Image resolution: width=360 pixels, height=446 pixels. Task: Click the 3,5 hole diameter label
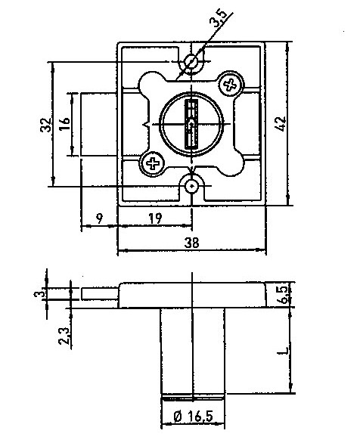(x=218, y=19)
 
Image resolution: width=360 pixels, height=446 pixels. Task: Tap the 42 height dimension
(x=281, y=123)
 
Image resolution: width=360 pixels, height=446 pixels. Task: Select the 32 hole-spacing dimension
(x=46, y=125)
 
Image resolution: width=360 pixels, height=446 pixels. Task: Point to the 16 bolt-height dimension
(x=64, y=123)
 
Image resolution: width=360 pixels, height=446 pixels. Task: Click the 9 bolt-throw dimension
(x=99, y=218)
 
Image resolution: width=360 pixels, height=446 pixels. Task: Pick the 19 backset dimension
(x=155, y=218)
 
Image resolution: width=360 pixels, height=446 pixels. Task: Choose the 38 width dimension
(x=191, y=243)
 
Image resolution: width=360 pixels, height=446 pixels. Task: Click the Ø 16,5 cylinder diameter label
(x=193, y=417)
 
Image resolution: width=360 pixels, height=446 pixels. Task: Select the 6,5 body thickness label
(x=283, y=295)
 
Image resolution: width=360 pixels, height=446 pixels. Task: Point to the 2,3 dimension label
(x=64, y=336)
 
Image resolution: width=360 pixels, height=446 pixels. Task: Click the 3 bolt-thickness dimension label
(x=39, y=293)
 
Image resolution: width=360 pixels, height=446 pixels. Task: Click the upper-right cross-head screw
(x=231, y=84)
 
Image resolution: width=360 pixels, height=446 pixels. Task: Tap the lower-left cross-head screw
(x=153, y=163)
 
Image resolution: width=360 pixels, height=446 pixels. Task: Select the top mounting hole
(x=191, y=61)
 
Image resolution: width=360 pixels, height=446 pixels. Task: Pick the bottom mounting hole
(x=191, y=186)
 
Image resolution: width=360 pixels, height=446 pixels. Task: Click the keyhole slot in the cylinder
(x=191, y=124)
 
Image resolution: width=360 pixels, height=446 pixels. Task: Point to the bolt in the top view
(x=99, y=124)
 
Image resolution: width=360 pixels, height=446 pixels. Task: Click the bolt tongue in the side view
(x=100, y=294)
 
